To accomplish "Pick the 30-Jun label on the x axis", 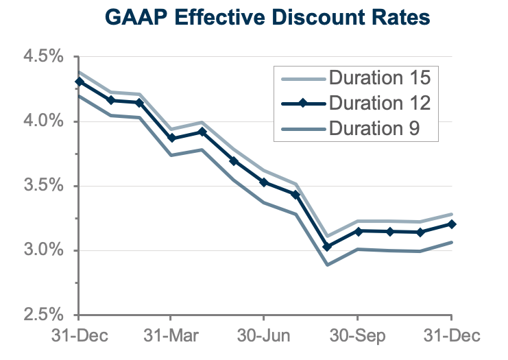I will coord(265,337).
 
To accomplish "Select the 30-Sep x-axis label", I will coord(358,337).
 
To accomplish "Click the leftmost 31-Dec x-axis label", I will coord(78,337).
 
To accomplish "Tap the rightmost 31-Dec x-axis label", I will coord(451,337).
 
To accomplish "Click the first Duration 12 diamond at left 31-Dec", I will coord(79,82).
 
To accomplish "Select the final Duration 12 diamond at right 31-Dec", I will coord(451,224).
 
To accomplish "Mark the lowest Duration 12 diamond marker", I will coord(327,246).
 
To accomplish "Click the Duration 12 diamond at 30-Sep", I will coord(358,231).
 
